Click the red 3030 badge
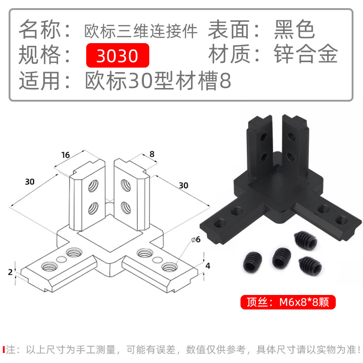118,55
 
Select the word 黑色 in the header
294,30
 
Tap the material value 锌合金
306,55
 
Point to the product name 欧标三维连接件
141,31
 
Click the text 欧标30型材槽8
158,81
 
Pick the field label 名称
40,30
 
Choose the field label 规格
40,55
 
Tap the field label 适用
40,81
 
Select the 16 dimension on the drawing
66,155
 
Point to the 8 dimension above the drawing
152,154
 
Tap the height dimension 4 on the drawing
207,266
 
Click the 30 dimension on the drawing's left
30,181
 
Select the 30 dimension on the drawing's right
183,185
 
